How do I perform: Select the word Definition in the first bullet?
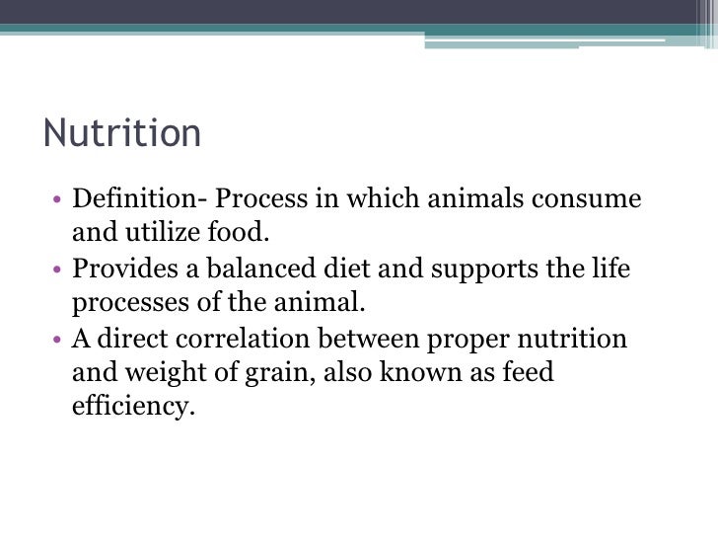coord(134,199)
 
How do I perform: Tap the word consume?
coord(587,199)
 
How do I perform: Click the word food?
coord(242,233)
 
